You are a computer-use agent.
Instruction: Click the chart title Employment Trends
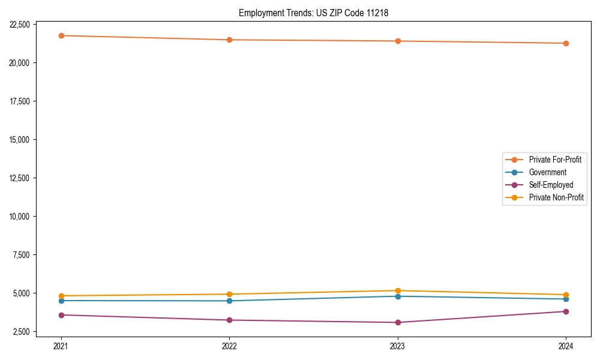(x=313, y=13)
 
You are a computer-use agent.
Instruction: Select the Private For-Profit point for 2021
(x=61, y=35)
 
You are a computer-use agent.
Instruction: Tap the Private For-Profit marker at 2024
(x=566, y=43)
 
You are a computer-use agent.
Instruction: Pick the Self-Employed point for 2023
(x=398, y=322)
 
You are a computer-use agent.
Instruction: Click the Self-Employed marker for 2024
(x=566, y=311)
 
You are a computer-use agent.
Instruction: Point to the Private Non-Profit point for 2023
(x=398, y=290)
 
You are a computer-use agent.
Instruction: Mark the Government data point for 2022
(x=229, y=301)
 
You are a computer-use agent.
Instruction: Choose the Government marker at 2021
(x=61, y=301)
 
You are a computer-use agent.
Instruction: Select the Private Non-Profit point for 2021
(x=61, y=296)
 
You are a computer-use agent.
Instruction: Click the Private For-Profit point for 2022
(x=229, y=40)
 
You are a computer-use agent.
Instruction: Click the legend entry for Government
(x=547, y=172)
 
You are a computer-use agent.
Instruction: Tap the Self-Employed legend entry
(x=551, y=185)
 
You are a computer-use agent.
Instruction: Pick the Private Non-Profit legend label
(x=556, y=197)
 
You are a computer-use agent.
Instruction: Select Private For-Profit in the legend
(x=555, y=160)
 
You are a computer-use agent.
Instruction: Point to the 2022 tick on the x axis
(x=229, y=346)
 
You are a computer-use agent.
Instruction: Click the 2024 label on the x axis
(x=566, y=346)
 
